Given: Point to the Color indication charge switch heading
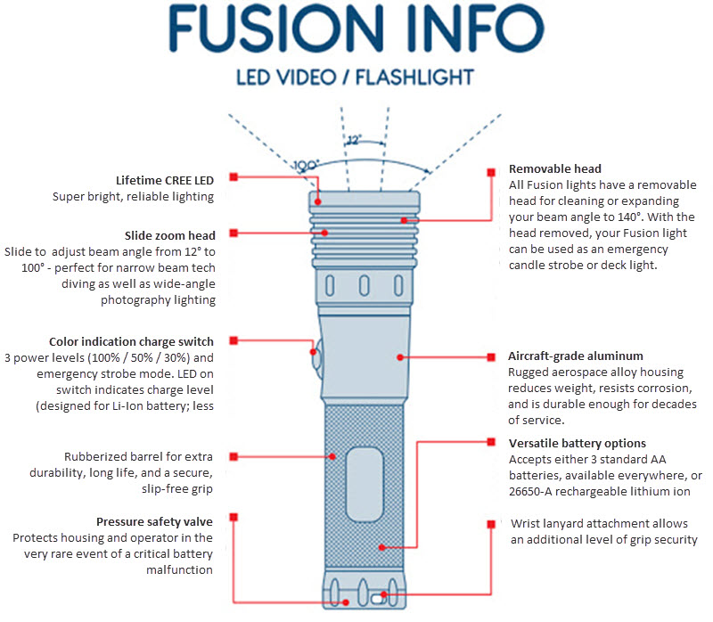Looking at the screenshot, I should click(x=131, y=341).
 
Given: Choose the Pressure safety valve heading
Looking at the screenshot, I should click(x=154, y=520).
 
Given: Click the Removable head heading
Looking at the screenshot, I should click(x=554, y=168).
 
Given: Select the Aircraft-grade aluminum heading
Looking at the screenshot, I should click(x=575, y=356).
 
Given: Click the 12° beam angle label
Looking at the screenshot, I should click(x=354, y=140).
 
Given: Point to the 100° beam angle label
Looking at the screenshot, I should click(x=307, y=165).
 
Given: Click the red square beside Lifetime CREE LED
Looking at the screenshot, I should click(x=234, y=177).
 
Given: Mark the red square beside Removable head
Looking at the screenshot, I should click(x=491, y=171).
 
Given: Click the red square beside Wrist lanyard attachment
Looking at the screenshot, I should click(x=491, y=525).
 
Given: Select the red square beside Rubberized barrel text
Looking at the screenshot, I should click(x=234, y=456).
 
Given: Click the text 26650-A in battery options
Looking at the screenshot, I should click(x=535, y=491).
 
